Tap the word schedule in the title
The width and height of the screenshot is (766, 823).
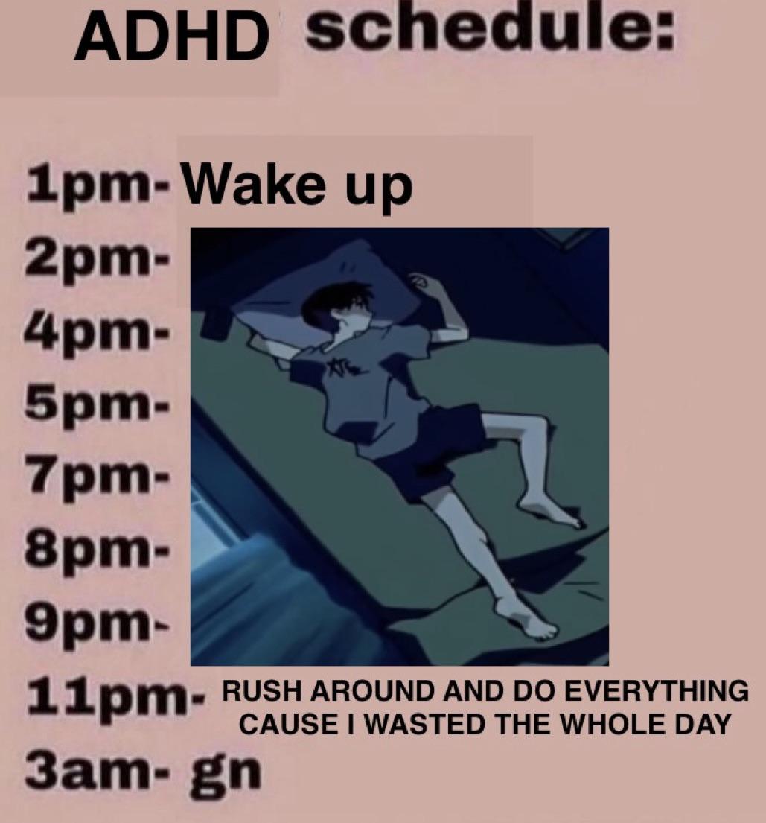click(488, 29)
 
